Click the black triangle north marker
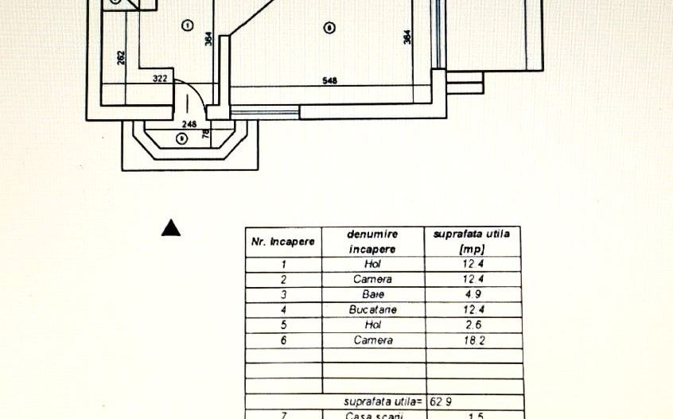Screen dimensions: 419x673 [171, 228]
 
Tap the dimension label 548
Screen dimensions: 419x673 [329, 80]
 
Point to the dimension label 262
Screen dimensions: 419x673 [121, 58]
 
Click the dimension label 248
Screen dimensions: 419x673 [189, 124]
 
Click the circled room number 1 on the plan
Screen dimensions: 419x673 [187, 25]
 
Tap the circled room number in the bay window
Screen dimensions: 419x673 [181, 138]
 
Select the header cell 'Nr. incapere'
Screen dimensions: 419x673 [283, 241]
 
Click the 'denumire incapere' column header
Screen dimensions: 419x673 [373, 241]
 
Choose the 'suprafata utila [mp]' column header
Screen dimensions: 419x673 [473, 241]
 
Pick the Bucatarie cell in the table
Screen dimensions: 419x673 [373, 309]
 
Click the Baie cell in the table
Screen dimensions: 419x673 [373, 294]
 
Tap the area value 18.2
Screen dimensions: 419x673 [473, 340]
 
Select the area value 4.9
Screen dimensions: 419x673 [473, 294]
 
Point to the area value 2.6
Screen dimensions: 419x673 [473, 324]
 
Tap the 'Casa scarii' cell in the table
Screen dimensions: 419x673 [373, 415]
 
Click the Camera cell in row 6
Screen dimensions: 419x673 [373, 340]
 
